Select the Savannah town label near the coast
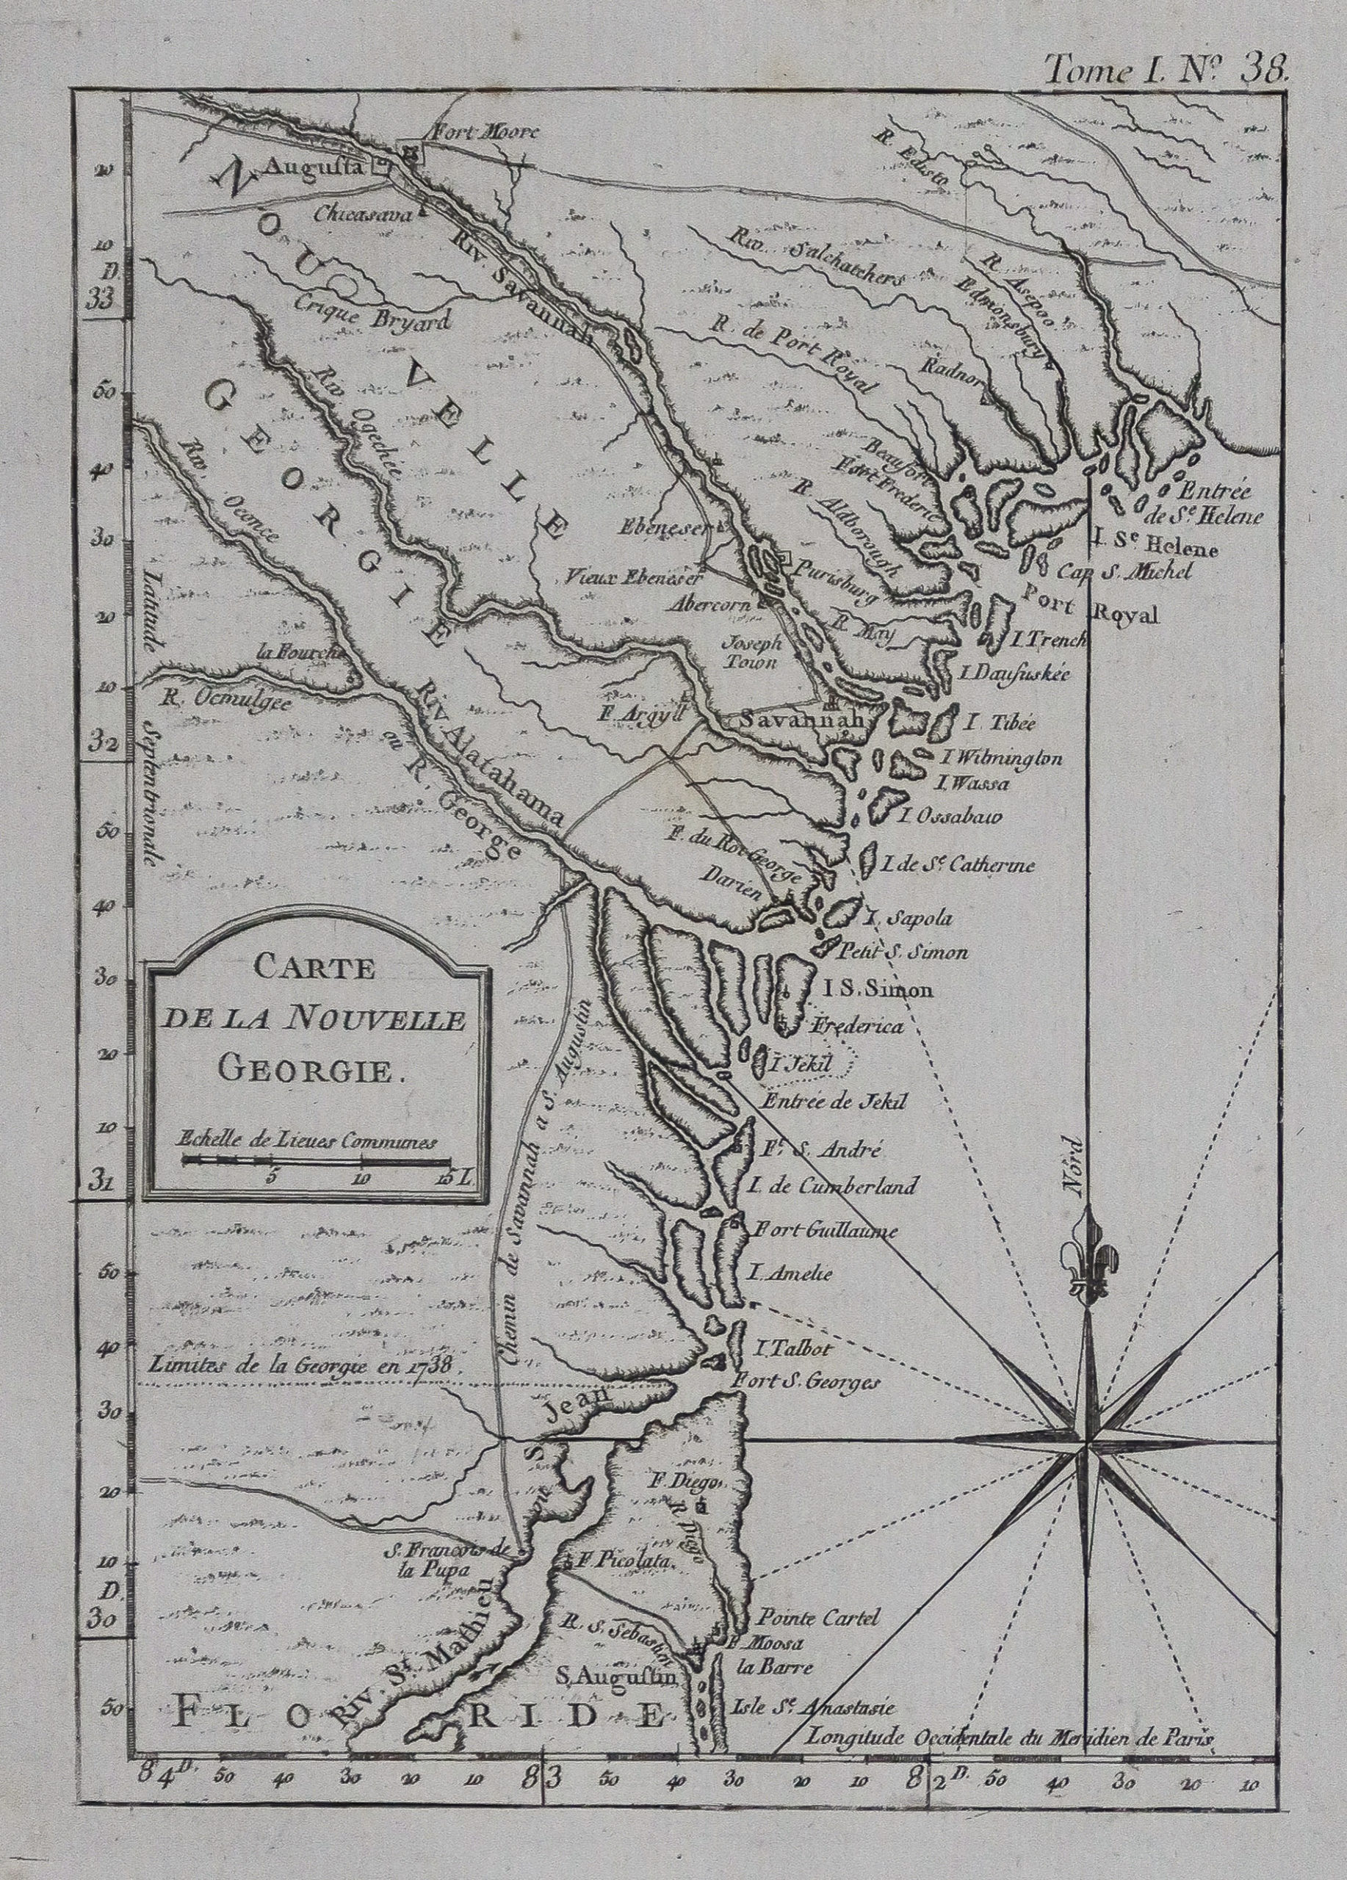pyautogui.click(x=801, y=720)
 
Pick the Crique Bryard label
pyautogui.click(x=372, y=320)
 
